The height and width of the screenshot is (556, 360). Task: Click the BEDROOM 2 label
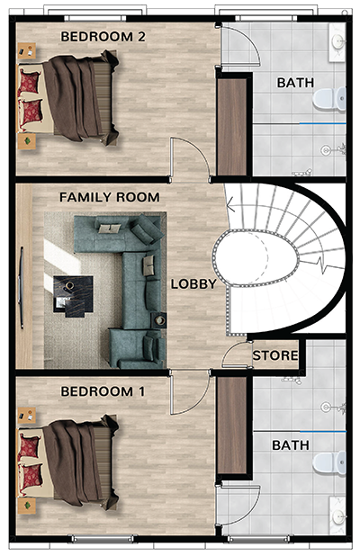tap(103, 37)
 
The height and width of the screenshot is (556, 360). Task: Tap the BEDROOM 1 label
tap(103, 391)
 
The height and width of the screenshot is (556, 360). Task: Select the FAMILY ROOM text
tap(109, 197)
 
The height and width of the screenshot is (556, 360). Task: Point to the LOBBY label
tap(193, 283)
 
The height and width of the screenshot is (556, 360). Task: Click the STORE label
tap(274, 355)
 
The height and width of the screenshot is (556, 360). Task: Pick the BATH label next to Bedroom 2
tap(295, 83)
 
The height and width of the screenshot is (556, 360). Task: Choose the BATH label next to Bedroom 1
tap(291, 445)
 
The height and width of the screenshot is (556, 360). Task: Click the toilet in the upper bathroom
tap(329, 98)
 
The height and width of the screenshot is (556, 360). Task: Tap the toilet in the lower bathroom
tap(329, 462)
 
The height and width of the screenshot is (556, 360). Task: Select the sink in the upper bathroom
tap(337, 42)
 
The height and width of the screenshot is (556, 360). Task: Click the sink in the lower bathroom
tap(337, 516)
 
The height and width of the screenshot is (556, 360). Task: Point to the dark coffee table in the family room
tap(74, 296)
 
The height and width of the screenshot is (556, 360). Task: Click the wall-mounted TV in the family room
tap(22, 288)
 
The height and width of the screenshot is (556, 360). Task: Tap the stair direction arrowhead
tap(230, 205)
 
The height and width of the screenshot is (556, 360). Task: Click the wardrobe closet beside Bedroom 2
tap(232, 127)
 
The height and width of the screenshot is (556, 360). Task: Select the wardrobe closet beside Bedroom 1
tap(232, 425)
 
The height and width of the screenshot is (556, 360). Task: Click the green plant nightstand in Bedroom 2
tap(27, 141)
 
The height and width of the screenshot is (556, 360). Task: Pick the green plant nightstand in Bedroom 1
tap(27, 506)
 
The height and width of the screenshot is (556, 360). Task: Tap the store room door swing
tap(236, 354)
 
